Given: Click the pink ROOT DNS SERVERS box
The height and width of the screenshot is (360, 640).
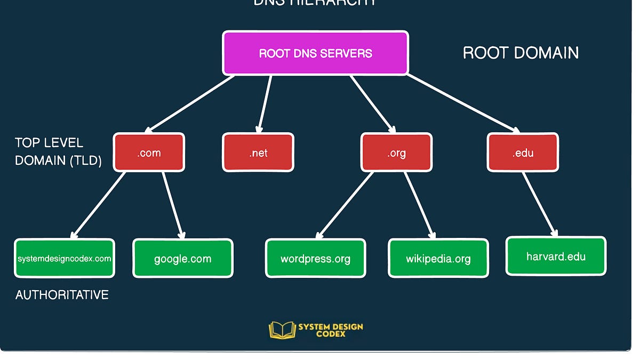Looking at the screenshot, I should (315, 53).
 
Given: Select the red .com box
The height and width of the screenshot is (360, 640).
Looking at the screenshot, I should (149, 153).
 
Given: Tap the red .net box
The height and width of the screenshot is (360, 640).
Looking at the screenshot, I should (258, 153).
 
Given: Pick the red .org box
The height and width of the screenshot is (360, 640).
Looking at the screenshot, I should (396, 153).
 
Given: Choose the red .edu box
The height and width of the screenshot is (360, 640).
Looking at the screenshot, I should (523, 153).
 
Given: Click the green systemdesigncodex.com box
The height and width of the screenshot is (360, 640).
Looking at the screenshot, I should (65, 259).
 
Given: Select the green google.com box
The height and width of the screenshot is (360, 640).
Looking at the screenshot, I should (183, 259).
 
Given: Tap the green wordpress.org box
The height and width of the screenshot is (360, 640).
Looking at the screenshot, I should (316, 259).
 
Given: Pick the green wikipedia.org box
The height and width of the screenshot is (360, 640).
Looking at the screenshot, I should (438, 259).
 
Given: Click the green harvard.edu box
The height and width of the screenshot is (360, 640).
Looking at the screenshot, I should (556, 257).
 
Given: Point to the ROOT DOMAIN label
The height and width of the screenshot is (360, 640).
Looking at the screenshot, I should (521, 53).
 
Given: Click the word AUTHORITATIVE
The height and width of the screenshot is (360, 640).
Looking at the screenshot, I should (62, 294).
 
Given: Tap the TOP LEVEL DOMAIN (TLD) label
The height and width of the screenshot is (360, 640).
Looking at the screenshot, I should (58, 151).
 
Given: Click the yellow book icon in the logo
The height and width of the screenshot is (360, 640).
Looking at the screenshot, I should (282, 330).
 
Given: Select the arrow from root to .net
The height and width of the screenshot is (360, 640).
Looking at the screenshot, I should (265, 104).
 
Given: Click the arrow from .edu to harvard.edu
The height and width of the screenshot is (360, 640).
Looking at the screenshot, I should (540, 204).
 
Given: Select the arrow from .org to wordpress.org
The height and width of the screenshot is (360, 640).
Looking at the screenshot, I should (345, 205).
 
